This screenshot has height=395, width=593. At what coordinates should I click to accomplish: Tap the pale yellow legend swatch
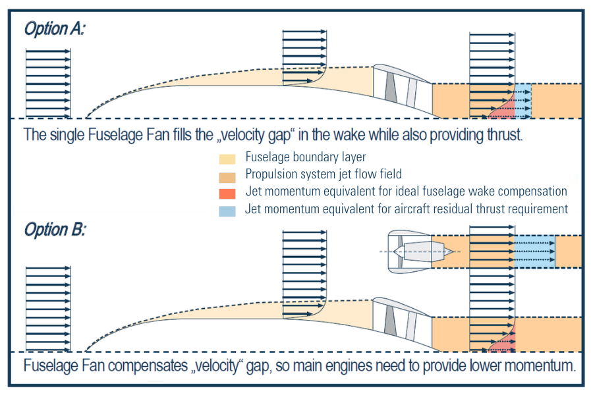[x=227, y=159]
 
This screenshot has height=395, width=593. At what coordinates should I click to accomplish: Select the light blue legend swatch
[x=227, y=211]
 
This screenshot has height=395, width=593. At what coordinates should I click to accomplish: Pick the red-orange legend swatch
[x=227, y=194]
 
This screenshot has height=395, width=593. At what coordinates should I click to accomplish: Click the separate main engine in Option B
[x=416, y=251]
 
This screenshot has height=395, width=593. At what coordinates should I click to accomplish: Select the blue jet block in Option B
[x=534, y=251]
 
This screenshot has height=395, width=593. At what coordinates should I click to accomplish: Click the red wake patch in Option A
[x=504, y=111]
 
